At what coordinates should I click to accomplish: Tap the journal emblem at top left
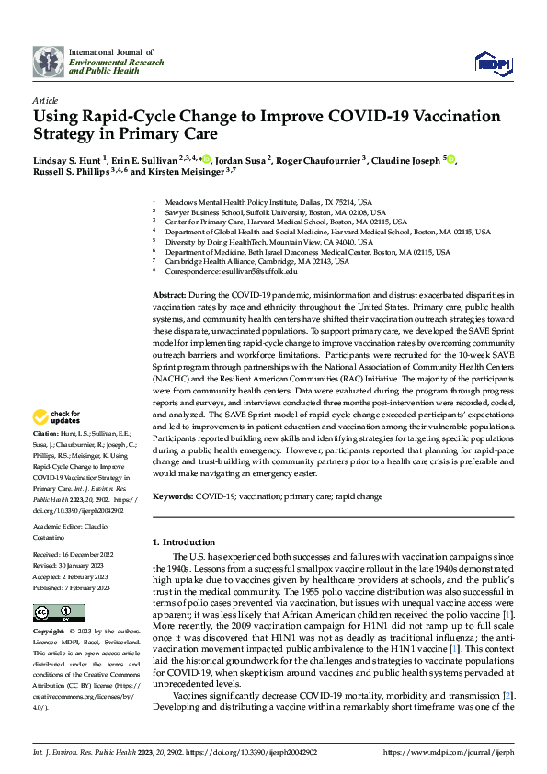(49, 62)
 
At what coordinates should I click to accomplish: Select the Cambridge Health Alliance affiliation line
(256, 261)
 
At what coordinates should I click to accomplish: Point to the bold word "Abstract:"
(171, 293)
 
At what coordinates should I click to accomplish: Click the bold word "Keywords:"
(174, 495)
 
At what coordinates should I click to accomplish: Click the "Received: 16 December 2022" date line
(73, 555)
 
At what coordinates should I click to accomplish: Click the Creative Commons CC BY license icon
(59, 613)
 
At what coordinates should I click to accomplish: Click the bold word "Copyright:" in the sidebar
(48, 632)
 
